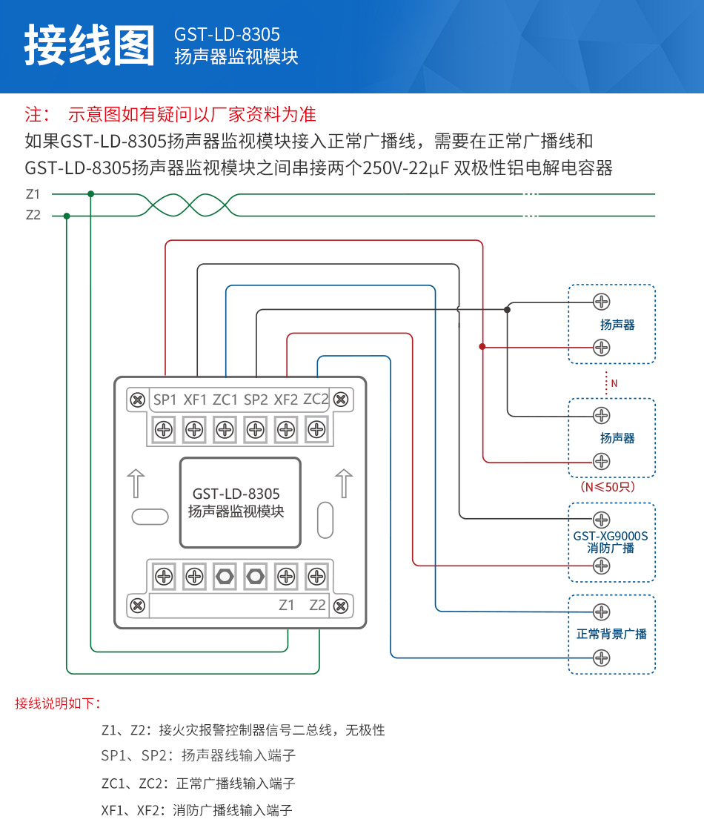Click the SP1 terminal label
[165, 400]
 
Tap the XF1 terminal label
[196, 400]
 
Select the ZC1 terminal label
[225, 400]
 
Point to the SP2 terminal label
[256, 400]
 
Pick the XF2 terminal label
[286, 400]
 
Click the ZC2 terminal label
[316, 399]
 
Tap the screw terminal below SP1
[164, 429]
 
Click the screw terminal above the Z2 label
[316, 576]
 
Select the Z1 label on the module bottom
[287, 605]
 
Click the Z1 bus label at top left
[33, 194]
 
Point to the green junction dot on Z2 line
[67, 216]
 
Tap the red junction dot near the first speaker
[482, 346]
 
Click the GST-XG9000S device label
[611, 535]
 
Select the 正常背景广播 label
[611, 634]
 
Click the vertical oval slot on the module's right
[325, 520]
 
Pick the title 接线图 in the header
[90, 45]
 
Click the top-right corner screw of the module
[340, 400]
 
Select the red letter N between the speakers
[614, 383]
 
